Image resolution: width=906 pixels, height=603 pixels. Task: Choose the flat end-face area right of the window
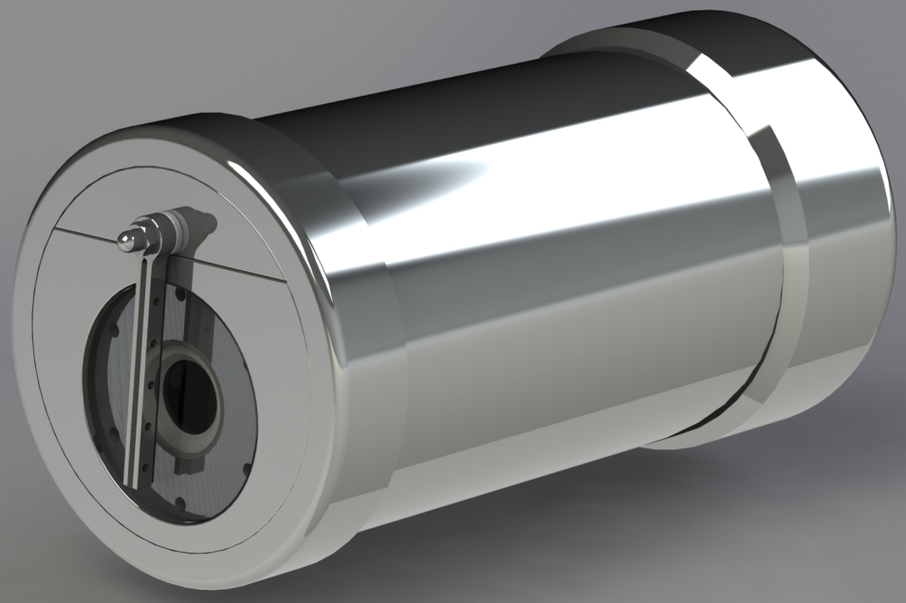coord(285,398)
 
